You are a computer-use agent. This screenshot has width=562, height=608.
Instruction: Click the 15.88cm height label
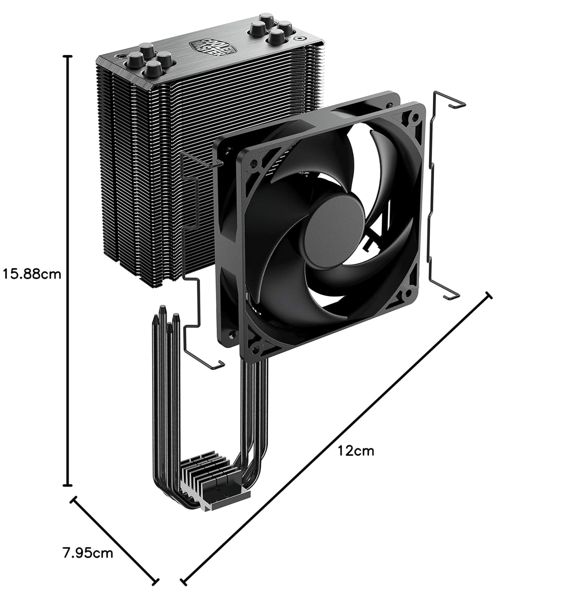click(x=32, y=274)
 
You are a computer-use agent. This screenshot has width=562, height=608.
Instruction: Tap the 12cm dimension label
click(x=356, y=451)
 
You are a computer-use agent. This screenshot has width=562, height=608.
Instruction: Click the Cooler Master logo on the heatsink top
click(x=213, y=48)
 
